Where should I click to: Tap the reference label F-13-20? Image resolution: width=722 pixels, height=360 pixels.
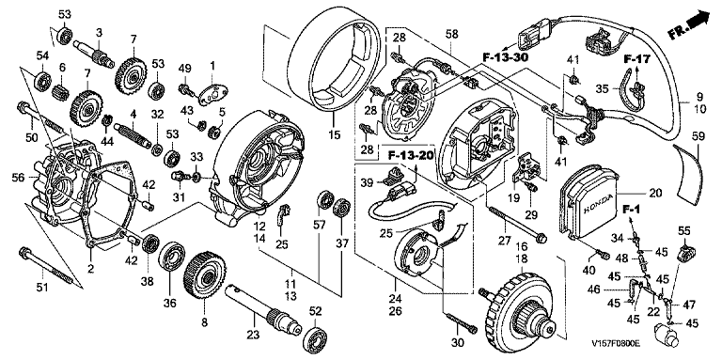[411, 156]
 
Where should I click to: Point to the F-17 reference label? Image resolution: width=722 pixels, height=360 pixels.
[636, 59]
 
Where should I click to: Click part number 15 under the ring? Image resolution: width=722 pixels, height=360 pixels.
[335, 135]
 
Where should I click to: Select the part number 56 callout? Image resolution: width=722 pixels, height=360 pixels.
[19, 178]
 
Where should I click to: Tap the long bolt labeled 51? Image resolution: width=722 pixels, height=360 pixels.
[47, 269]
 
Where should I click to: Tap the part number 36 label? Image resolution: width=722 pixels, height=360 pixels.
[169, 304]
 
